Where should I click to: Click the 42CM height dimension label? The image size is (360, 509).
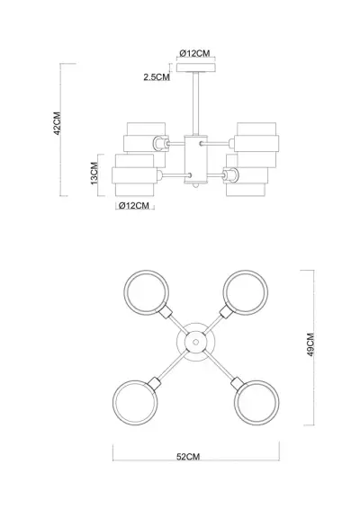[x=58, y=123]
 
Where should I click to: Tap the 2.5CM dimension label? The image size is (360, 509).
[x=157, y=77]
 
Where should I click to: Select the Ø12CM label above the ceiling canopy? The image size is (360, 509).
[x=195, y=53]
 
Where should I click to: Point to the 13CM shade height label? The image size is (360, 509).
[x=94, y=174]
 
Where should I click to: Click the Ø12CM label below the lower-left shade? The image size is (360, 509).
[x=134, y=205]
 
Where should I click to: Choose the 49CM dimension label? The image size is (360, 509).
[x=310, y=344]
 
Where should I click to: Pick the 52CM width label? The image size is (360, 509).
[x=188, y=457]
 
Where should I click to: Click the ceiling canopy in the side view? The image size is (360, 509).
[x=196, y=67]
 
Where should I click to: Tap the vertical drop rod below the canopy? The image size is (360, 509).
[x=195, y=103]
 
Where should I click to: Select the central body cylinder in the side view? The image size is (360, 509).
[x=195, y=159]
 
